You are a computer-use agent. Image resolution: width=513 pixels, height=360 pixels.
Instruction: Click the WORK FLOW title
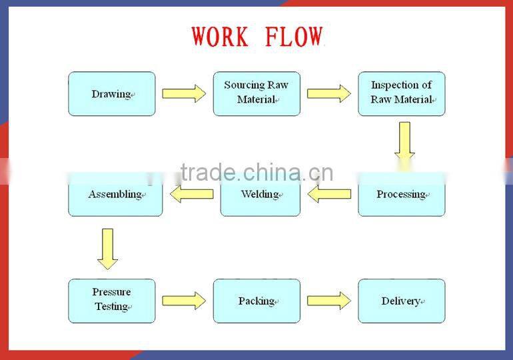pyautogui.click(x=256, y=37)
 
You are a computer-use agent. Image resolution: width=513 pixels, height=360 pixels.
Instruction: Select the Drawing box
pyautogui.click(x=112, y=94)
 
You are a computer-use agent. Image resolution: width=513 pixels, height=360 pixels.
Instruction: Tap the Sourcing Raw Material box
pyautogui.click(x=256, y=94)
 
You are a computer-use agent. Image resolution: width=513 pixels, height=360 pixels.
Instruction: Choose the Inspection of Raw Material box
pyautogui.click(x=402, y=94)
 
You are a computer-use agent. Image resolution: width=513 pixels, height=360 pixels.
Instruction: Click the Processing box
pyautogui.click(x=402, y=195)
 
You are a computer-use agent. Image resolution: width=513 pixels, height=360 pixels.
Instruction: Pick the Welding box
pyautogui.click(x=260, y=195)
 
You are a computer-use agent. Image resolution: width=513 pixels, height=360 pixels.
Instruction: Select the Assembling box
pyautogui.click(x=115, y=195)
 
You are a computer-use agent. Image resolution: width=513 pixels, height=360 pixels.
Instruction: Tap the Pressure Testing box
pyautogui.click(x=112, y=301)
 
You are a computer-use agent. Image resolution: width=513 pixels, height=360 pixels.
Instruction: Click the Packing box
pyautogui.click(x=256, y=301)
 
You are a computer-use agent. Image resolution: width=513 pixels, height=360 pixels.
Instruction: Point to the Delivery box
pyautogui.click(x=402, y=301)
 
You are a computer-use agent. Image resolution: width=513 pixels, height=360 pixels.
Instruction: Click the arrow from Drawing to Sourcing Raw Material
pyautogui.click(x=184, y=93)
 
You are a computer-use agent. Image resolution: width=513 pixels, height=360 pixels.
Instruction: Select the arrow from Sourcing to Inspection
pyautogui.click(x=328, y=93)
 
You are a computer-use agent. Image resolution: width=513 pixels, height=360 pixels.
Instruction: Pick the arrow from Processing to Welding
pyautogui.click(x=329, y=194)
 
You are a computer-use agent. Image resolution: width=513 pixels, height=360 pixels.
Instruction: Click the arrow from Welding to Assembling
pyautogui.click(x=191, y=194)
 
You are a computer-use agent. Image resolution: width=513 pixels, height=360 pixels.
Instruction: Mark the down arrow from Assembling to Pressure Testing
pyautogui.click(x=107, y=249)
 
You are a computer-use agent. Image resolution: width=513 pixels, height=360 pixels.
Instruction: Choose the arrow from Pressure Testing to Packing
pyautogui.click(x=184, y=301)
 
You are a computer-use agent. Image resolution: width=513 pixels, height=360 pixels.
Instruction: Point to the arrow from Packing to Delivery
pyautogui.click(x=328, y=301)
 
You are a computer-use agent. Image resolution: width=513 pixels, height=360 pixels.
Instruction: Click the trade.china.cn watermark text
pyautogui.click(x=256, y=173)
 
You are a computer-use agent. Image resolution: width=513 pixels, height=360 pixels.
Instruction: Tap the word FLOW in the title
pyautogui.click(x=294, y=37)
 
